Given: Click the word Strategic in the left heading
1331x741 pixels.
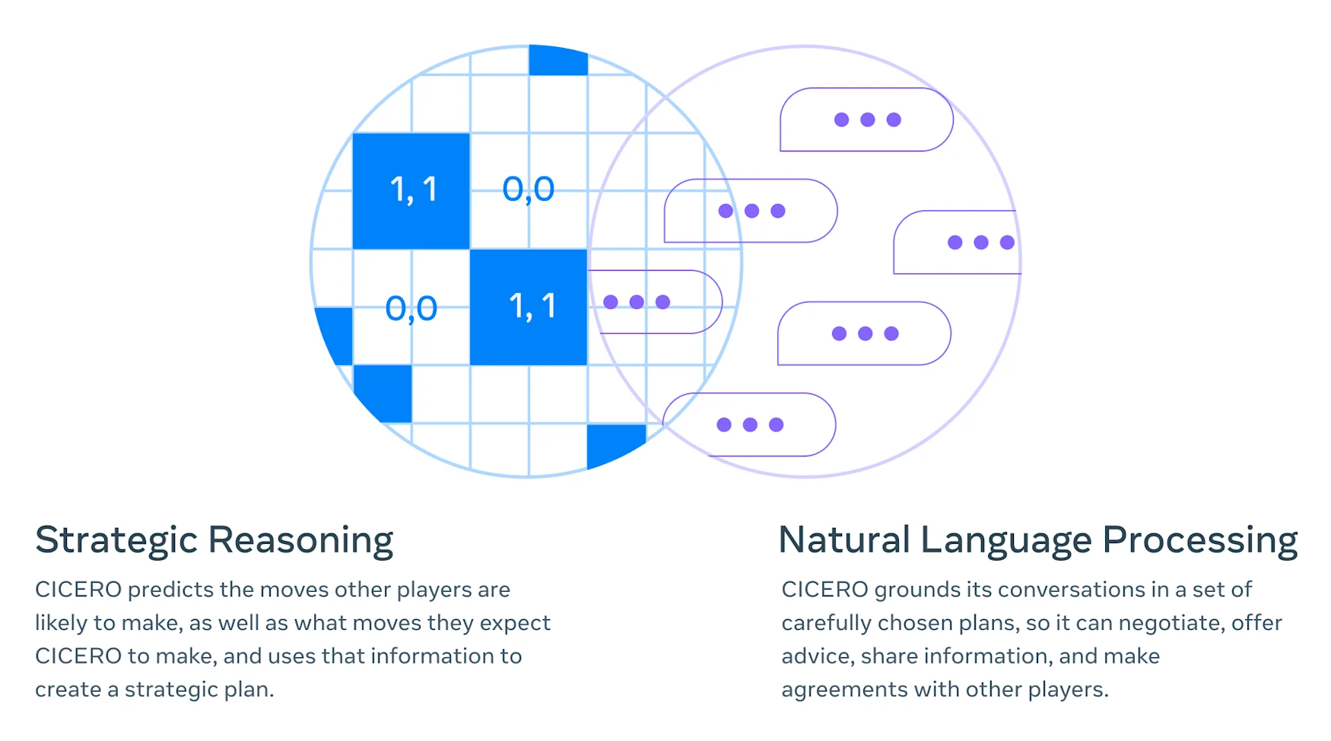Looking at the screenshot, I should click(x=116, y=540).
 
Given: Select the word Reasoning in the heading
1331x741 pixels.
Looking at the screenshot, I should click(x=300, y=540).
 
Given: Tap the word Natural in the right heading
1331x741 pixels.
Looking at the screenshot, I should click(x=844, y=540).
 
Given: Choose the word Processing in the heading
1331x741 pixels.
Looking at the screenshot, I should click(x=1199, y=540).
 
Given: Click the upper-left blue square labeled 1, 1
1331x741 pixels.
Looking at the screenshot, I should click(x=411, y=190).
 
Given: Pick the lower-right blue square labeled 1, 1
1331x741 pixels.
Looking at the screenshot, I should click(x=529, y=307).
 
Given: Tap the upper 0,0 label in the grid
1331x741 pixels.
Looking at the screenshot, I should click(x=529, y=189).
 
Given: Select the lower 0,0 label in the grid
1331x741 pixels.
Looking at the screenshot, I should click(x=411, y=308).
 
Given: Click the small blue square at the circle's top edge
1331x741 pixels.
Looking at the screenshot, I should click(x=557, y=60).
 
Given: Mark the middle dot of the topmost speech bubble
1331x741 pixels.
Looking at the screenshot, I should click(x=867, y=119).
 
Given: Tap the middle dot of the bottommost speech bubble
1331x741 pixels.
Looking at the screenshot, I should click(x=750, y=425).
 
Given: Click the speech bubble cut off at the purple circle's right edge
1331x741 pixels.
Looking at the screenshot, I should click(x=956, y=242).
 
